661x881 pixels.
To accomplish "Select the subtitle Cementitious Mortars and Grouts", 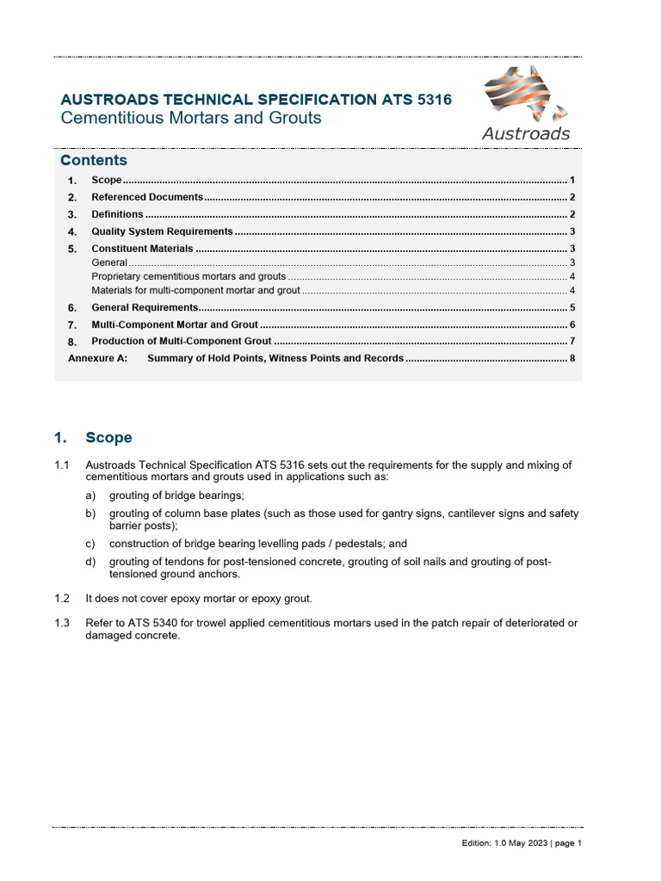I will tap(190, 118).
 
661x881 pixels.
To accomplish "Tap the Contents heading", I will tap(93, 161).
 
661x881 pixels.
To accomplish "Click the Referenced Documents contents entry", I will tap(146, 197).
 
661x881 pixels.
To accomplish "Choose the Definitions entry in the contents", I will tap(117, 214).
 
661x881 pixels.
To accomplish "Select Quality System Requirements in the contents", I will tap(162, 231).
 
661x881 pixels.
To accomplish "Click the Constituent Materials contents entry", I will tap(142, 249).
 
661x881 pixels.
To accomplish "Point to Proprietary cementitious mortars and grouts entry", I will tap(188, 276).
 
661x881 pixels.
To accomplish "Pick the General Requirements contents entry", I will tap(145, 307).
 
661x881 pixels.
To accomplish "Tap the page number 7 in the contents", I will tap(571, 342).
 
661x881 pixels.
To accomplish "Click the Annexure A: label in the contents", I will tap(97, 358).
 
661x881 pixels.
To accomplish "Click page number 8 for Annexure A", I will tap(571, 358).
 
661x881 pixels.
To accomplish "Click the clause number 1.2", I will tap(61, 597).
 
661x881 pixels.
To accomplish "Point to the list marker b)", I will tap(91, 514).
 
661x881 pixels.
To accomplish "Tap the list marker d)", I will tap(91, 562).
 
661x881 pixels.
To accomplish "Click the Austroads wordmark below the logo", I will tap(525, 133).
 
